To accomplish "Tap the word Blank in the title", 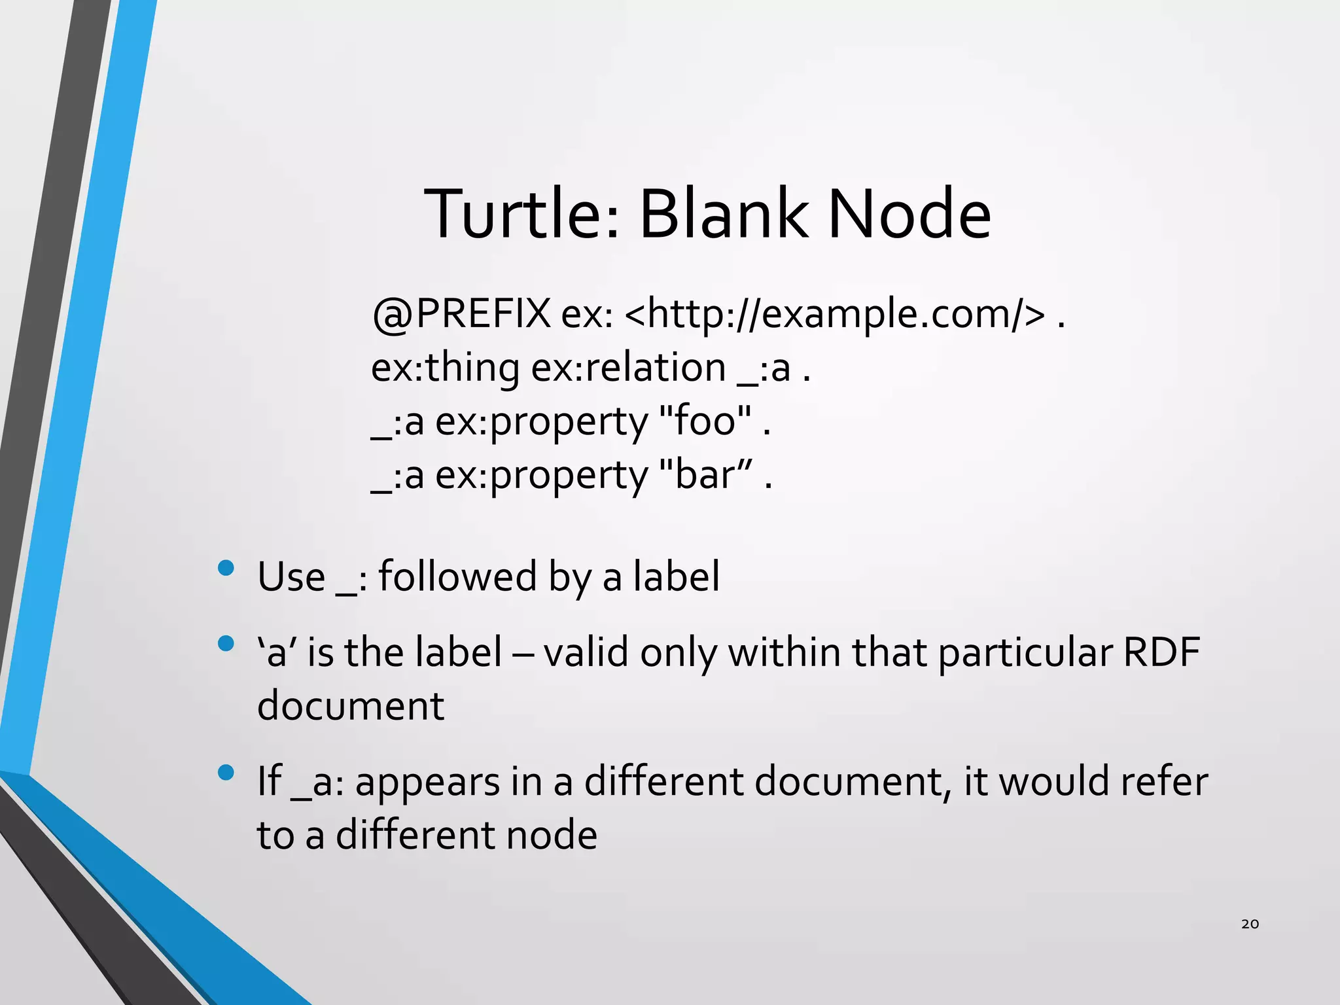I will point(722,215).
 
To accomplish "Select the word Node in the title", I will point(909,215).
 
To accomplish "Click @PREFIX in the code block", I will point(461,315).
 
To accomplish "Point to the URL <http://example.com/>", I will point(835,315).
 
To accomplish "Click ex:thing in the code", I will point(445,368).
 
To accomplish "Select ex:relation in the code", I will point(628,368).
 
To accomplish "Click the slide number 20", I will point(1250,924).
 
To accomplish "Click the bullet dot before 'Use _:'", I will point(226,567).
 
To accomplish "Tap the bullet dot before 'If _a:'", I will point(226,773).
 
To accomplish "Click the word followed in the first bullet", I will point(457,576).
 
